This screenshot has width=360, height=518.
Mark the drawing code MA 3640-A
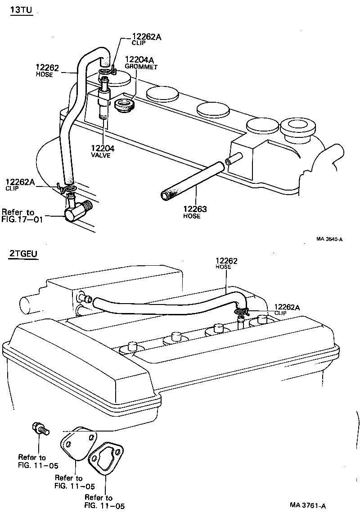tap(329, 239)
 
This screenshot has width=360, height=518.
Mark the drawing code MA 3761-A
tap(308, 505)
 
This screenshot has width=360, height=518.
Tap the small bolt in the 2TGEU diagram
tap(39, 428)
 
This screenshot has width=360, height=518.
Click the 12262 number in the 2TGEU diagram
tap(227, 260)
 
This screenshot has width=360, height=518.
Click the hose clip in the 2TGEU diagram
tap(241, 310)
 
